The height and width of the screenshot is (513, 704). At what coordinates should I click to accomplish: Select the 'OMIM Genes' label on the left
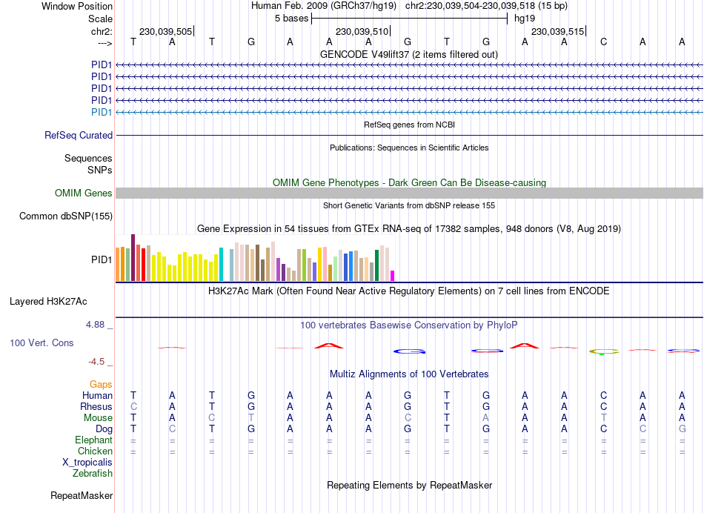point(84,193)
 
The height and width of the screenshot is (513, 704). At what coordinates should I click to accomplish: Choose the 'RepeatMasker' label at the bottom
point(82,495)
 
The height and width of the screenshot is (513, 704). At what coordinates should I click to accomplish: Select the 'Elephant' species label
point(93,440)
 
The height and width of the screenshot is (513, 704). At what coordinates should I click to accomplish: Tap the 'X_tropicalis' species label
point(87,463)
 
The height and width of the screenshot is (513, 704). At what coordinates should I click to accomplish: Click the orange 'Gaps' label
point(101,384)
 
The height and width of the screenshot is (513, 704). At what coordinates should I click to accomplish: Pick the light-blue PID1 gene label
point(102,112)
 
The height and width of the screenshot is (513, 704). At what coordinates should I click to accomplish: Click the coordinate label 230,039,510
point(362,32)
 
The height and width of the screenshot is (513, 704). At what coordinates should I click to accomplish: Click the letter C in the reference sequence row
point(603,42)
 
